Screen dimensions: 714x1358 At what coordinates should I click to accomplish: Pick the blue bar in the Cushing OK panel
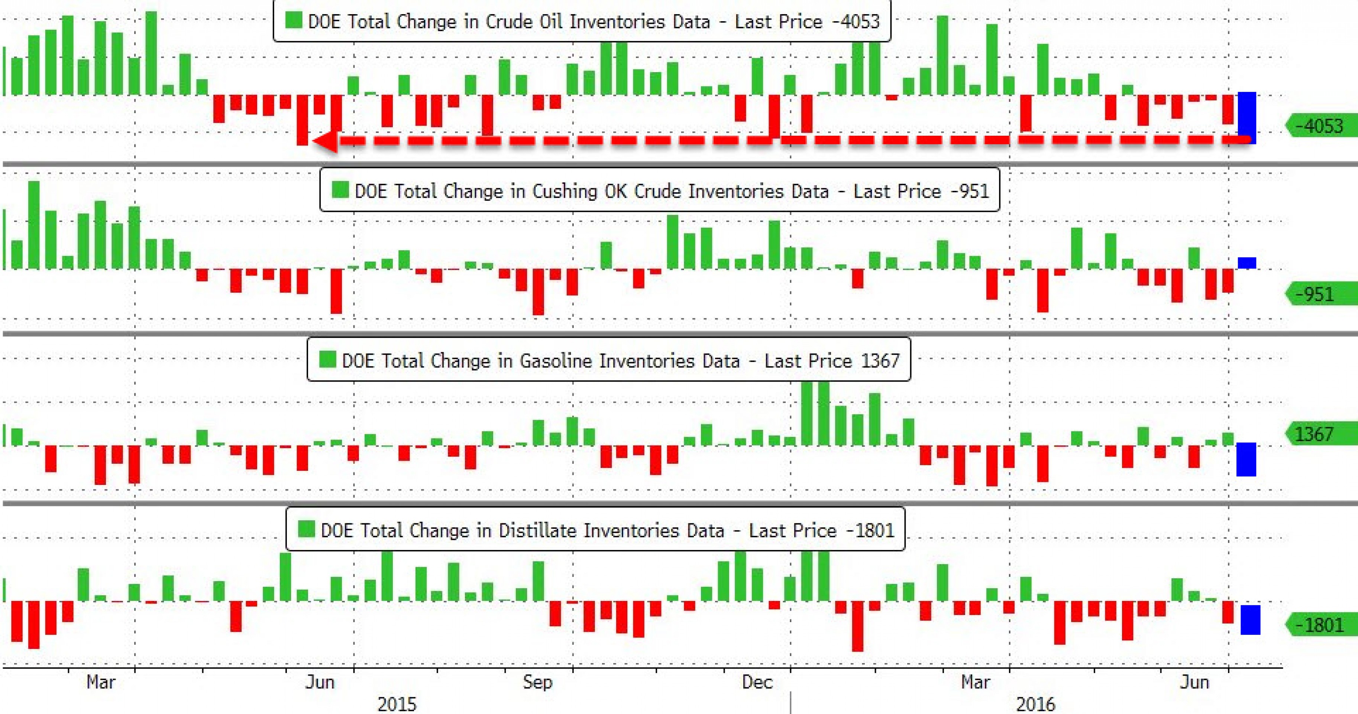[1247, 263]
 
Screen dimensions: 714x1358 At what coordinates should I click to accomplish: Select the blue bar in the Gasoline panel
[1246, 459]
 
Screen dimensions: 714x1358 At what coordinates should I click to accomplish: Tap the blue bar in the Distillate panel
[1250, 620]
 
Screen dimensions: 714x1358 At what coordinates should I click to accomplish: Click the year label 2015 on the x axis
[397, 704]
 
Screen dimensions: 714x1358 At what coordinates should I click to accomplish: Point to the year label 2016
[1035, 704]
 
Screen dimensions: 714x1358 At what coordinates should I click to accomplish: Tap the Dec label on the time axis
[757, 682]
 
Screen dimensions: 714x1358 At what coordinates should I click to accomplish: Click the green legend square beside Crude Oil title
[293, 20]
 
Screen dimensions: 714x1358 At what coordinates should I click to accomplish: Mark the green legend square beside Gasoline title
[327, 360]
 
